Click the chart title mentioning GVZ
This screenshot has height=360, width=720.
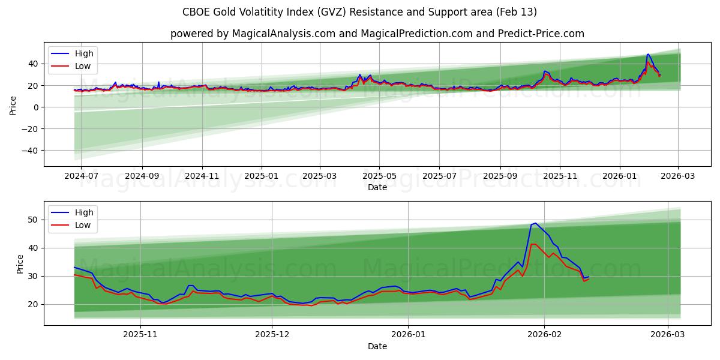click(359, 12)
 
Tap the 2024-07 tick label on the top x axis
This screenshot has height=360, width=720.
click(80, 176)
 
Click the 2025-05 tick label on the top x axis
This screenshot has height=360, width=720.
click(379, 176)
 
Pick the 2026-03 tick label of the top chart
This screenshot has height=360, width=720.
click(678, 176)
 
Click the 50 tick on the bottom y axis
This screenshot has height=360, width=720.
click(34, 220)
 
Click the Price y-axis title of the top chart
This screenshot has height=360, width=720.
click(13, 104)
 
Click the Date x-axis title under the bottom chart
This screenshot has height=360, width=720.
click(377, 346)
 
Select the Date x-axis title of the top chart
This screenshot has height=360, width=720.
click(377, 187)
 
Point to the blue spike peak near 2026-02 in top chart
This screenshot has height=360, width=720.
click(647, 54)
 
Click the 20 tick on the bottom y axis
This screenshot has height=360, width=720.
click(34, 304)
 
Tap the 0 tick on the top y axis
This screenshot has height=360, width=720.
click(36, 107)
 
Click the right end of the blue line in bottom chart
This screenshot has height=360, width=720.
click(589, 277)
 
